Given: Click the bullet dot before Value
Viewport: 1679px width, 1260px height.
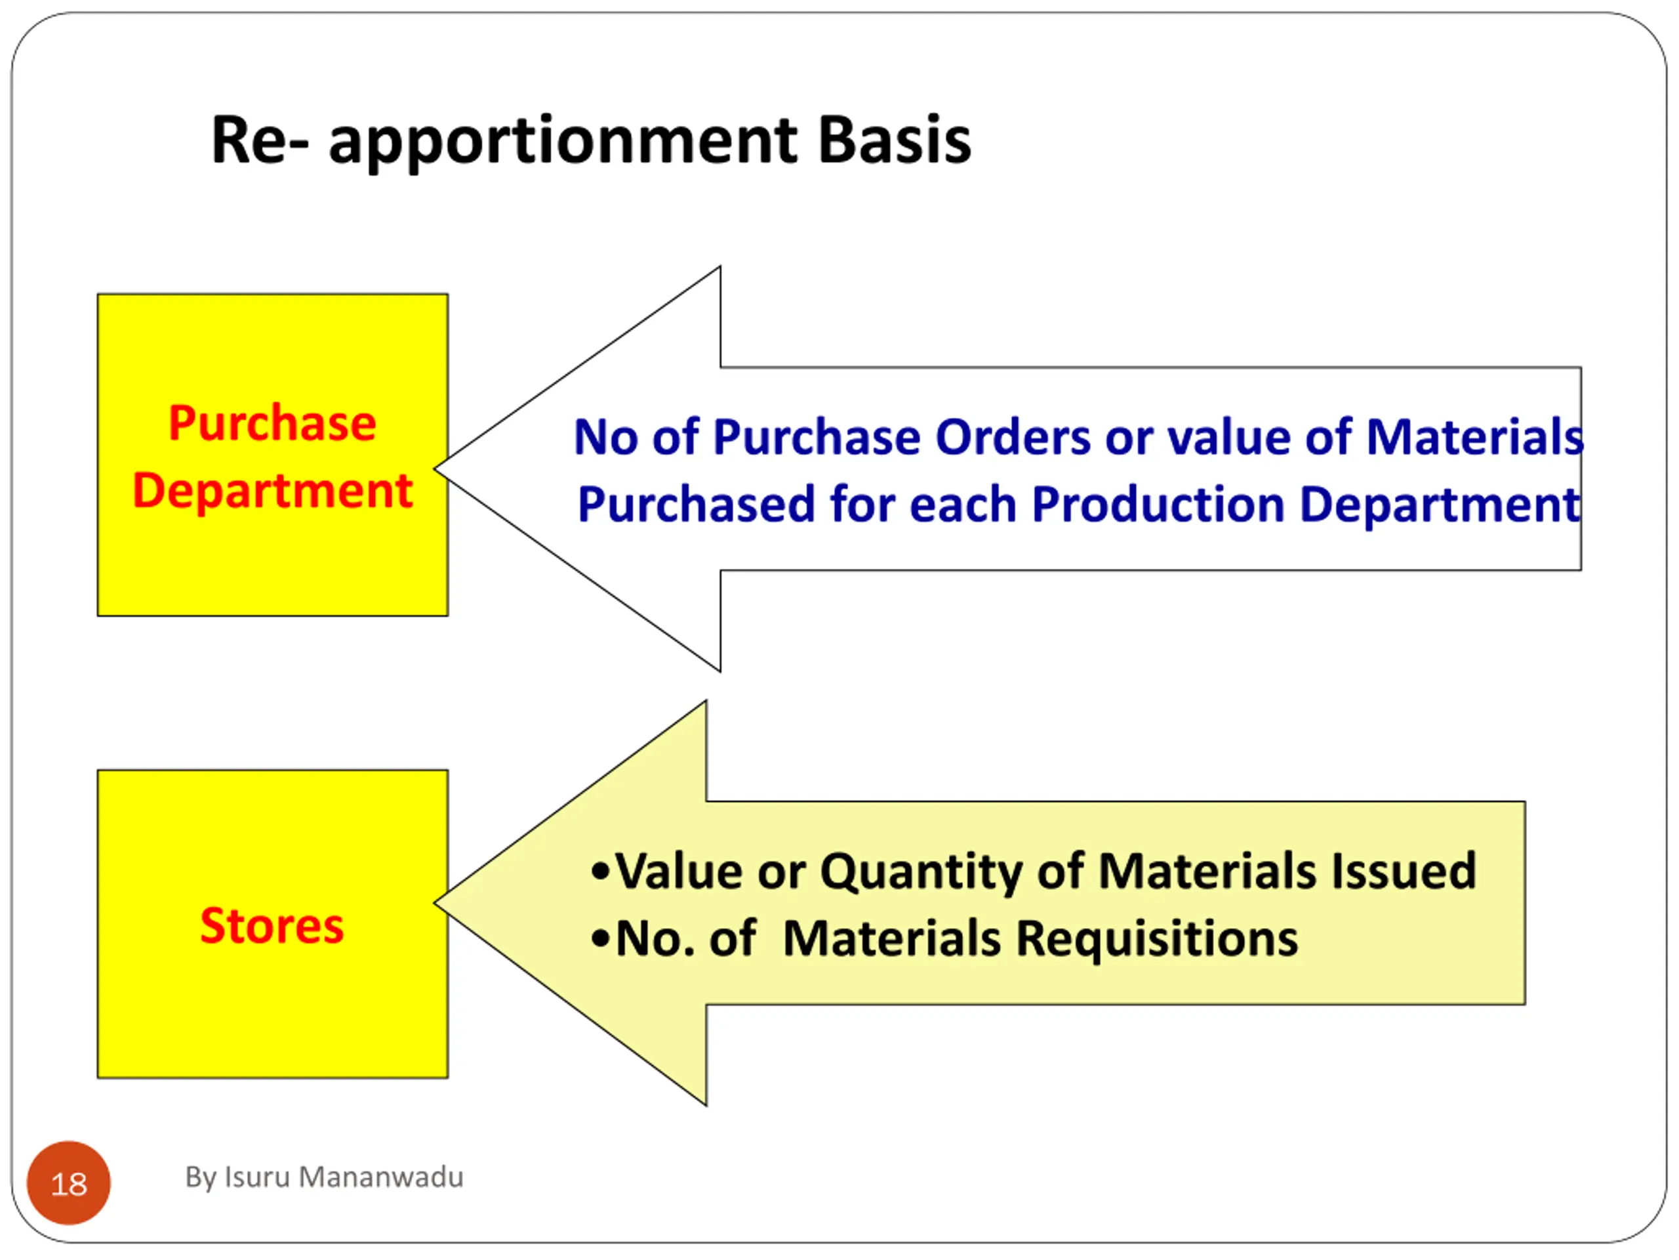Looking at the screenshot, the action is [x=599, y=872].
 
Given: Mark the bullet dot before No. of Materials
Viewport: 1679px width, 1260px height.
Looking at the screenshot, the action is [x=599, y=940].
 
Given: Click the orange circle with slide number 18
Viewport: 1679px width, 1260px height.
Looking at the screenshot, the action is [x=68, y=1183].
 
